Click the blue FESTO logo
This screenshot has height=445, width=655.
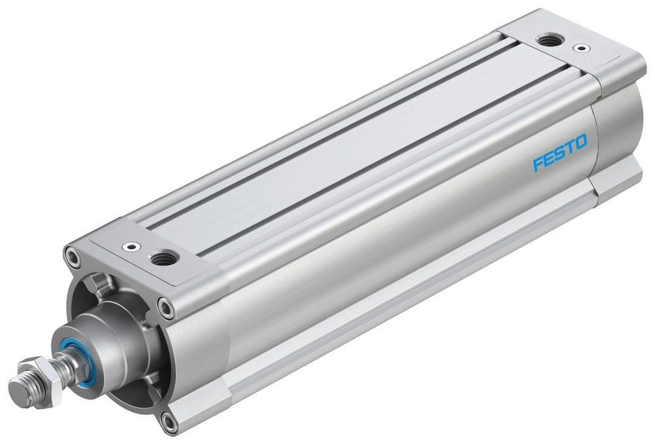coord(560,152)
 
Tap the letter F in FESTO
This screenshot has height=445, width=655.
coord(538,164)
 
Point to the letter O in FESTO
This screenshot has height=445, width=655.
coord(580,141)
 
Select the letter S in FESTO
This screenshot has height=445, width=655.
coord(559,153)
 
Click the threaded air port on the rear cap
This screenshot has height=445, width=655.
coord(547,41)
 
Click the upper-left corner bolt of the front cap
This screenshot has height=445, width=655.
coord(73,256)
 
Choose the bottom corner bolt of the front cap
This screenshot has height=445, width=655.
coord(169,422)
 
